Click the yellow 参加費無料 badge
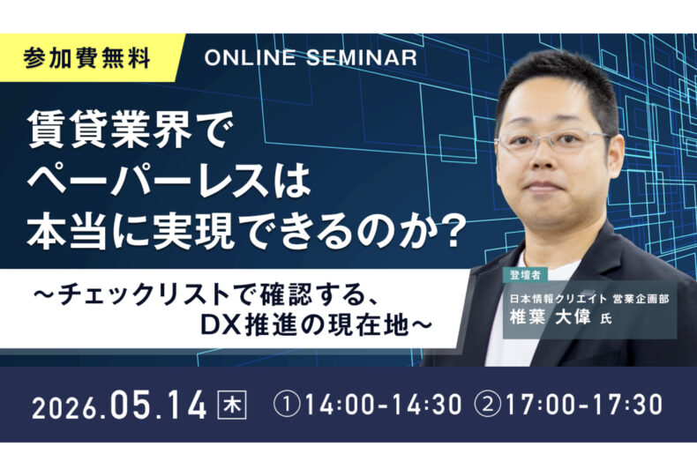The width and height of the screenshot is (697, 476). (x=88, y=58)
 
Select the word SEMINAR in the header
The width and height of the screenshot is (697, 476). (x=362, y=57)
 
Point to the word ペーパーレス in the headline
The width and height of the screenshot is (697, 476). (x=148, y=181)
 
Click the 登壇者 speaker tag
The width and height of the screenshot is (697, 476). (x=525, y=275)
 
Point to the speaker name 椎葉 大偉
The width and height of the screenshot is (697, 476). (x=551, y=317)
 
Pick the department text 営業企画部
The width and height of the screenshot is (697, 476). (x=641, y=299)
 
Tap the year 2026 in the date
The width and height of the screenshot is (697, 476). (x=65, y=407)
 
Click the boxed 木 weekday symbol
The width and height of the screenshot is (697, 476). (x=231, y=405)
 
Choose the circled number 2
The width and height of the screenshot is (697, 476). (x=488, y=405)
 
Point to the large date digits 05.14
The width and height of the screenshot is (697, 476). (x=159, y=405)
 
